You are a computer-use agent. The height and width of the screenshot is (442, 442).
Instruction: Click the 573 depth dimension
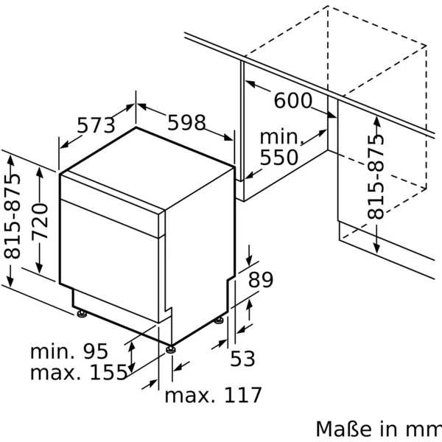click(97, 126)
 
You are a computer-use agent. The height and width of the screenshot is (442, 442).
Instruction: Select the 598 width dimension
click(186, 123)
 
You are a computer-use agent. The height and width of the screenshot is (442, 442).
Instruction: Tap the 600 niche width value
click(293, 101)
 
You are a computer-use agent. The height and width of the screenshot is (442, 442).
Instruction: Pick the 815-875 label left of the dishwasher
click(13, 219)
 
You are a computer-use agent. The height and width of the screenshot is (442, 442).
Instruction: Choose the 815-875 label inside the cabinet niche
click(376, 177)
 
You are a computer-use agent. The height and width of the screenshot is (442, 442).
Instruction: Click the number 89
click(260, 280)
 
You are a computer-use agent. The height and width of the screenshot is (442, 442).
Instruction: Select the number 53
click(242, 359)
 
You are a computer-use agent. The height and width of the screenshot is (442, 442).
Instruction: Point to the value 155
click(108, 373)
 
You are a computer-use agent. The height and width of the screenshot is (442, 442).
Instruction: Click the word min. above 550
click(281, 137)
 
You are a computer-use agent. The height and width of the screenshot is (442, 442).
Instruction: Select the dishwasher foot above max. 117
click(171, 348)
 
